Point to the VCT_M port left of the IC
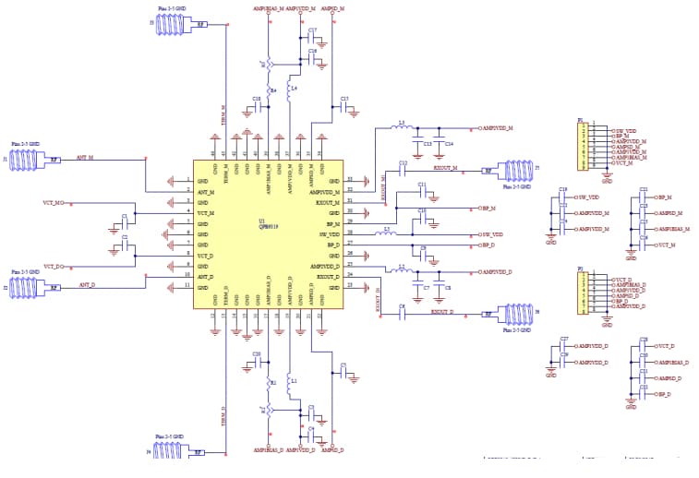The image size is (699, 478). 54,202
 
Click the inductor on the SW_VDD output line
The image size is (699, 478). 390,234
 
